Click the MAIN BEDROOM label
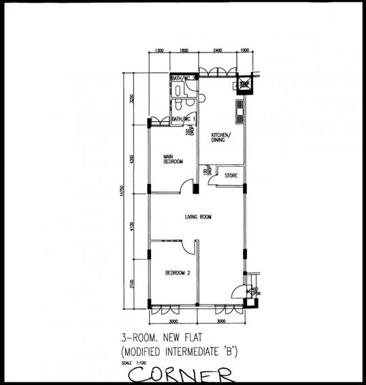173,159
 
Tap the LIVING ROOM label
199,217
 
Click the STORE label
231,176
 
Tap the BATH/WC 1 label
184,120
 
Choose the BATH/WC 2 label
184,78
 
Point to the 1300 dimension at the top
160,50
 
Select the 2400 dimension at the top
217,50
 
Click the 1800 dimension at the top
184,50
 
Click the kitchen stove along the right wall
240,109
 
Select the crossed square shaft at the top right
243,83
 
